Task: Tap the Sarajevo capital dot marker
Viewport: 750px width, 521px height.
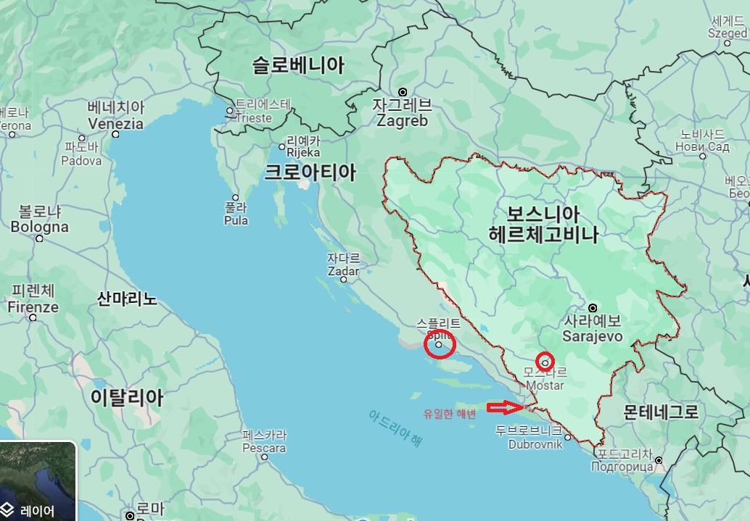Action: [593, 308]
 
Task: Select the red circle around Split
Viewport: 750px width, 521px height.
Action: [439, 345]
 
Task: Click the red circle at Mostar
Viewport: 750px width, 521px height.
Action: [545, 361]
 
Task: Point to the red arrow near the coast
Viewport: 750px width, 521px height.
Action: [505, 408]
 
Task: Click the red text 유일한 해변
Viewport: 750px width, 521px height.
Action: [450, 414]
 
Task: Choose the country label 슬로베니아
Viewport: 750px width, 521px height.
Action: [298, 66]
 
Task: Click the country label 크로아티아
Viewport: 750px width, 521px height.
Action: [310, 172]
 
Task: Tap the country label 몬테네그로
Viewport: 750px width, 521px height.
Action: [661, 412]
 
